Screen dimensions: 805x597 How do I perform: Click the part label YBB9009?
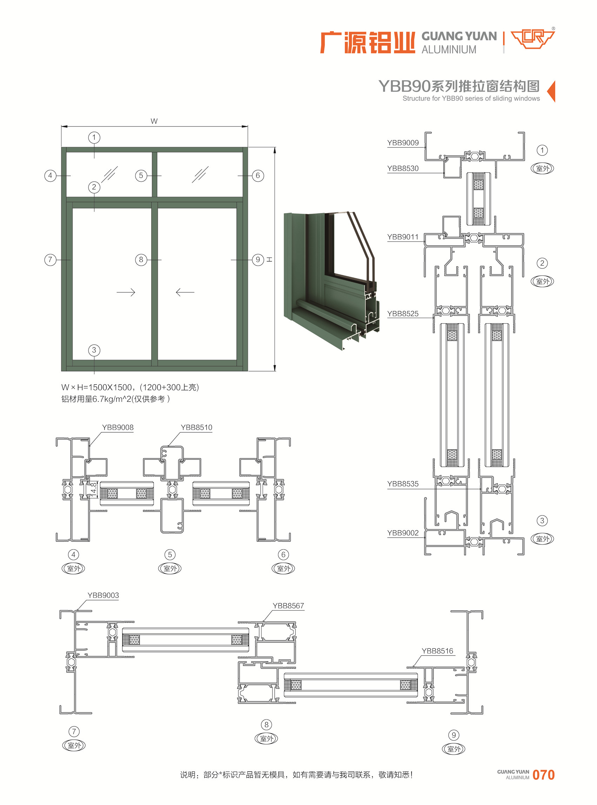(x=403, y=143)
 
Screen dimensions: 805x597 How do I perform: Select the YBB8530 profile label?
(x=403, y=168)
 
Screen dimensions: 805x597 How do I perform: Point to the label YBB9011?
(x=403, y=237)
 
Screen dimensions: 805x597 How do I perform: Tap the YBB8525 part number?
(x=403, y=314)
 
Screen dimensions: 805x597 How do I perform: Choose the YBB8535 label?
(x=403, y=484)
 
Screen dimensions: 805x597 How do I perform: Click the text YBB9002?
(x=403, y=533)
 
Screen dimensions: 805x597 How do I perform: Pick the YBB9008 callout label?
(x=118, y=428)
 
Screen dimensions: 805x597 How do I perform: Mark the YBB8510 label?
(x=196, y=428)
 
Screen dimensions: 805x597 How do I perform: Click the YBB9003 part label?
(x=103, y=596)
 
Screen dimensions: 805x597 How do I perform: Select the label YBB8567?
(x=288, y=606)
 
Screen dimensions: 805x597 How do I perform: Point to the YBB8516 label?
(x=437, y=651)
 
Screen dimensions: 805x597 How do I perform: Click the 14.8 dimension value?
(x=94, y=490)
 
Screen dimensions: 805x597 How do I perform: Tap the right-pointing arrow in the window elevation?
(x=126, y=292)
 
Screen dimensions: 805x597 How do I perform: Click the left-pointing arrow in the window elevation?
(x=185, y=292)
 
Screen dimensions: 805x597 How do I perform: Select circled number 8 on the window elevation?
(x=141, y=260)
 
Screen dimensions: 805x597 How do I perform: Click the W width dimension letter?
(x=154, y=121)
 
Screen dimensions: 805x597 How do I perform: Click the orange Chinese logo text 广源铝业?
(x=368, y=43)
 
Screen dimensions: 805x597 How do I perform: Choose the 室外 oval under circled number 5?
(x=170, y=568)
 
